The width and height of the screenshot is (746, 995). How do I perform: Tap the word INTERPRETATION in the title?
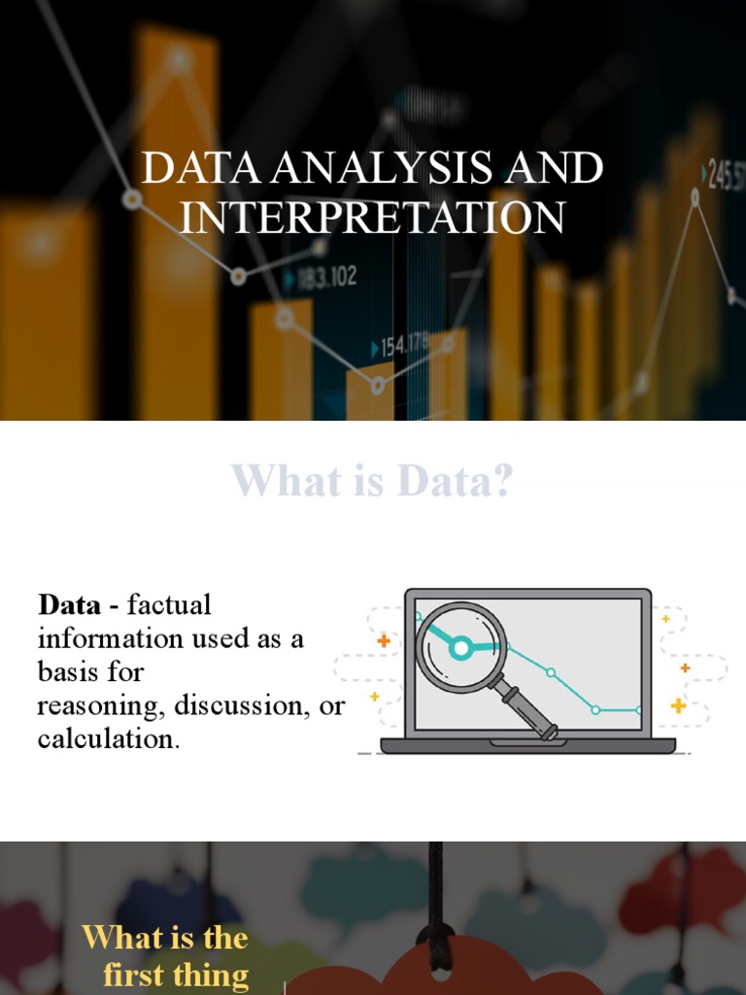[372, 217]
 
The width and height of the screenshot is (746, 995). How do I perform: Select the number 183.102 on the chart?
[326, 279]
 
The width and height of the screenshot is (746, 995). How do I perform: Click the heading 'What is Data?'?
[372, 481]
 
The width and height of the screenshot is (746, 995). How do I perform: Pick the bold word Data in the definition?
[69, 605]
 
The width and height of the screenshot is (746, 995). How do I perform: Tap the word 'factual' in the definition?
[169, 605]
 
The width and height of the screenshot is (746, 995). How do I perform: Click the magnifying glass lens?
[461, 646]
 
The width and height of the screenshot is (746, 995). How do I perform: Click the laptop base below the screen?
[527, 746]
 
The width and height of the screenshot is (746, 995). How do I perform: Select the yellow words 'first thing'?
[176, 975]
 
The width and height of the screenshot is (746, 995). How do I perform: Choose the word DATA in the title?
[201, 169]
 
